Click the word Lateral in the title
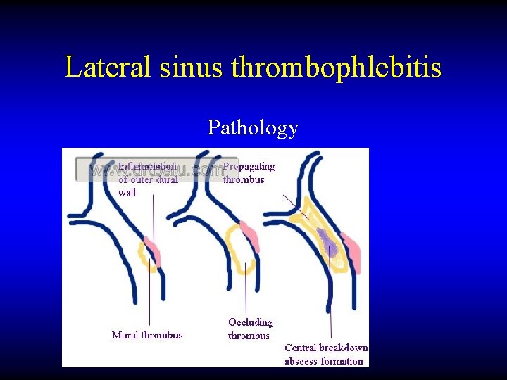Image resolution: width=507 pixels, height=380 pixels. [108, 68]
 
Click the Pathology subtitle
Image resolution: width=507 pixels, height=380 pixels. [253, 127]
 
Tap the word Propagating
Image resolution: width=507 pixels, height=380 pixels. [249, 167]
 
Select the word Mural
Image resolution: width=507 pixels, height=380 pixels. [125, 335]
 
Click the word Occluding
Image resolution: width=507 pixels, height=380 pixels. [250, 322]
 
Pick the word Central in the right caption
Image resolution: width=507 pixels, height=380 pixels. [301, 348]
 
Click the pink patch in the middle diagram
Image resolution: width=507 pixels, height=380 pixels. [251, 235]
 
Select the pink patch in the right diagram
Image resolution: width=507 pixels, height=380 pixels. [351, 252]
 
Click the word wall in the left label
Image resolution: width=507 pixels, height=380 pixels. [127, 191]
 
